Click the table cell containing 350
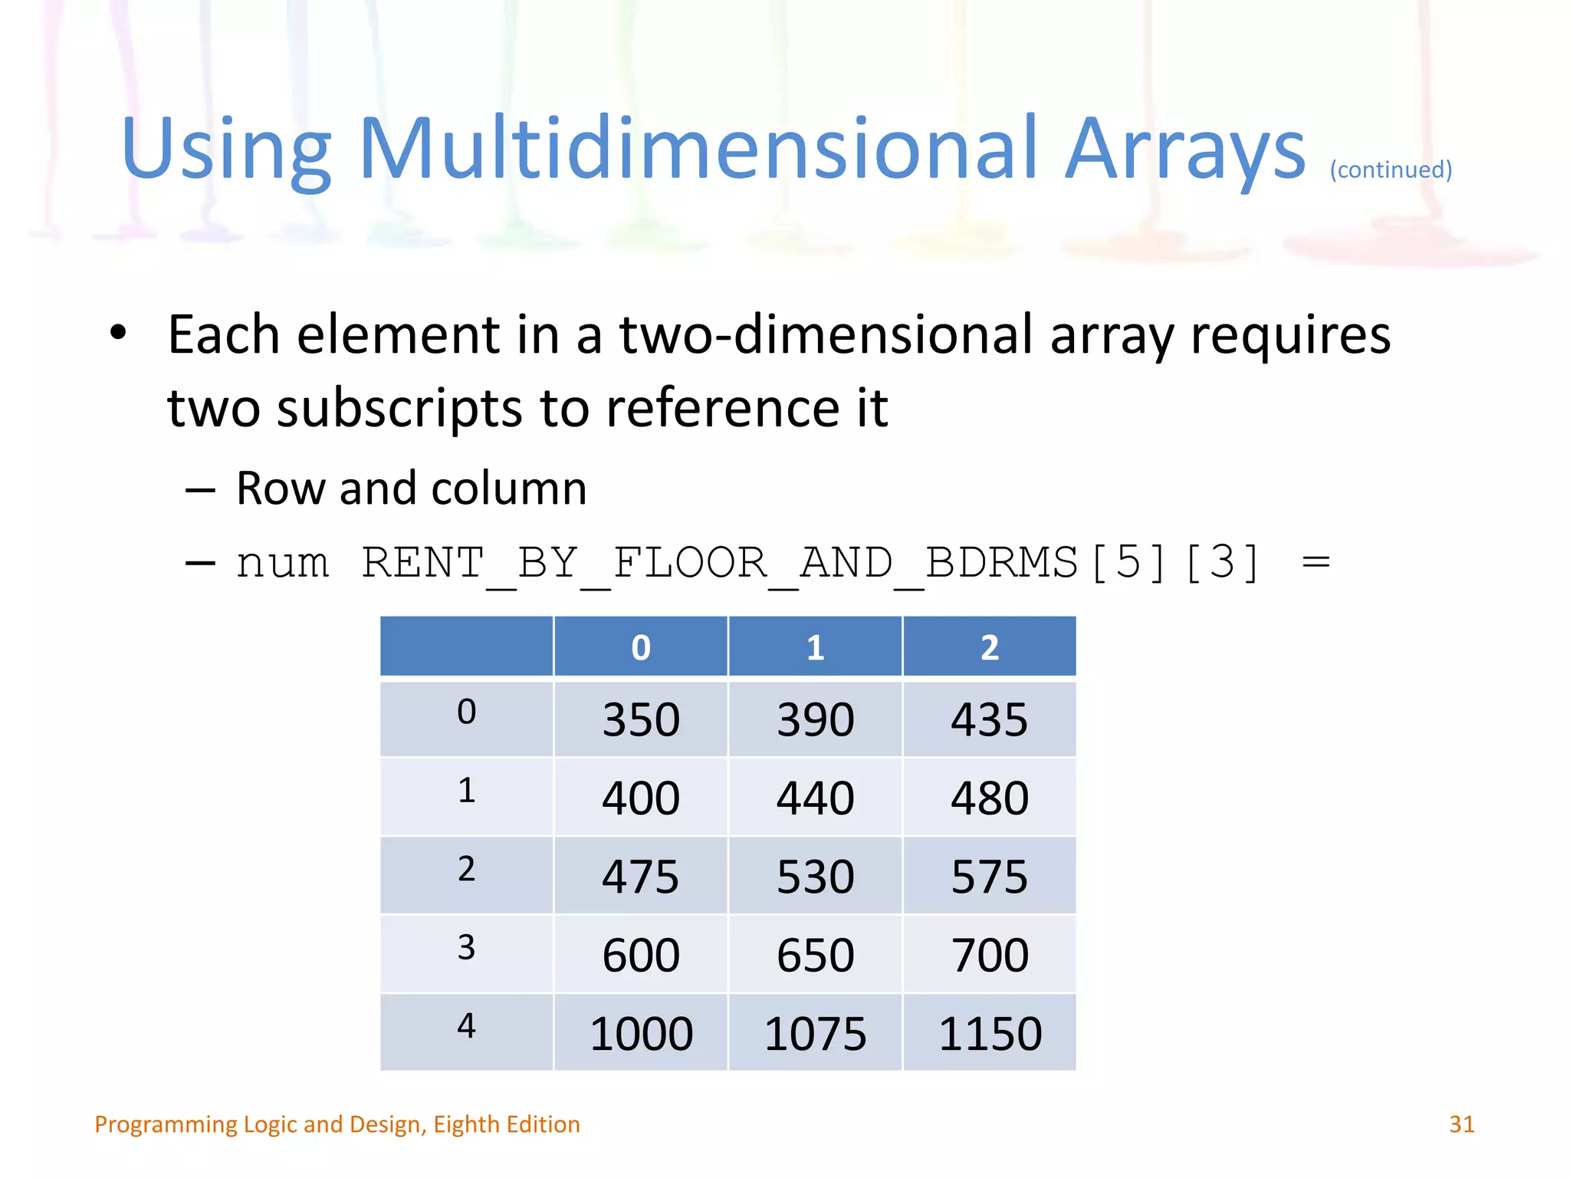click(641, 719)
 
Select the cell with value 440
click(815, 798)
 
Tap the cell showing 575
click(989, 876)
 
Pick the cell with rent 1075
click(815, 1033)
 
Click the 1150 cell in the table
click(990, 1033)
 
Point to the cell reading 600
click(641, 955)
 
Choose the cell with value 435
click(989, 719)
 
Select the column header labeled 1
click(815, 647)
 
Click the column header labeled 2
click(989, 647)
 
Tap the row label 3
click(466, 948)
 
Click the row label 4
click(466, 1026)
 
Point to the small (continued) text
click(1391, 169)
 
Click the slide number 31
click(1461, 1124)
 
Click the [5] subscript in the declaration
click(1128, 562)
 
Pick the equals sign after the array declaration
click(1315, 562)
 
